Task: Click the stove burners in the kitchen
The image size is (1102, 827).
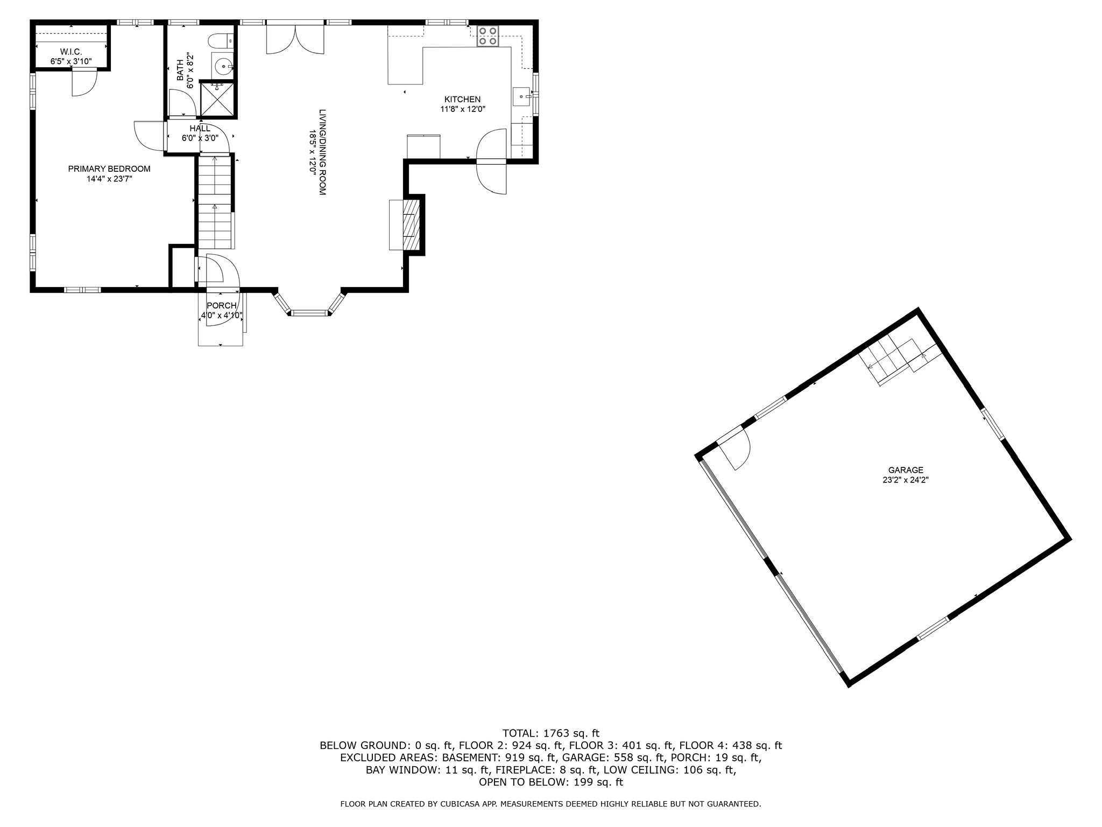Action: [488, 36]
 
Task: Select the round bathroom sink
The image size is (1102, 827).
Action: [222, 67]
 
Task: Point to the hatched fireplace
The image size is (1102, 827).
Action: [411, 225]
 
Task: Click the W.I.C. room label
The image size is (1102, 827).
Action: [71, 52]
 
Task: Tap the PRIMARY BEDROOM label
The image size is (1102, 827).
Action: [109, 169]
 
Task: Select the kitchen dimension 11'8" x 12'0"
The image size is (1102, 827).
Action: [462, 109]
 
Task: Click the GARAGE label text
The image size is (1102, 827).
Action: [906, 470]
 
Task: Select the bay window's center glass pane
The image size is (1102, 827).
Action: [309, 312]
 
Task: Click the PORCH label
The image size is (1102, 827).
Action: [221, 306]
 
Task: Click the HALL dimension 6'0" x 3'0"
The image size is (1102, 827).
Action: [200, 138]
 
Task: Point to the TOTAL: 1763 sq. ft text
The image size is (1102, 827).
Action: [550, 733]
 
